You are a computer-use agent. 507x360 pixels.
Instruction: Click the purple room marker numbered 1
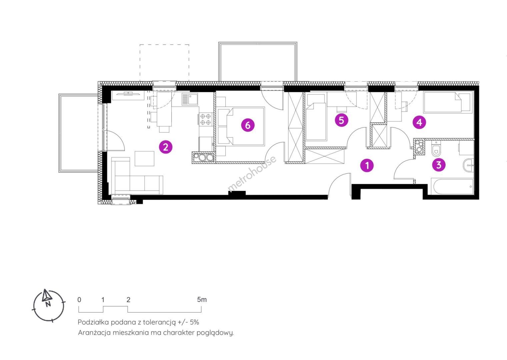367,165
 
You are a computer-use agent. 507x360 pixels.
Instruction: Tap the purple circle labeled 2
166,147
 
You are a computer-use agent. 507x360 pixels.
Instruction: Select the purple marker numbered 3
439,165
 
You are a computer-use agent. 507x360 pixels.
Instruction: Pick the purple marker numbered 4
419,122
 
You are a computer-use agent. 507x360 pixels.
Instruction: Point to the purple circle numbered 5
341,120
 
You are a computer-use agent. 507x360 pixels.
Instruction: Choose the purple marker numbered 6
248,125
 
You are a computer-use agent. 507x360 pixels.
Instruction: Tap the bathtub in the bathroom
452,186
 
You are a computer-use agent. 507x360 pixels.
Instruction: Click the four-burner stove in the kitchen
206,119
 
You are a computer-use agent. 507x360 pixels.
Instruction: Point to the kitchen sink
190,99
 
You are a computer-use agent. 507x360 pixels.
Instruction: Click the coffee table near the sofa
144,159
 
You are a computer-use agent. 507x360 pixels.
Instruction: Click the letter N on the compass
48,304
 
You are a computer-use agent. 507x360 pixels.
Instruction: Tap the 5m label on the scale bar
202,300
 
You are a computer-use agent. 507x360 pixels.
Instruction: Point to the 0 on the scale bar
79,300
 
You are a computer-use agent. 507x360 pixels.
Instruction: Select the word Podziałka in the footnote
93,322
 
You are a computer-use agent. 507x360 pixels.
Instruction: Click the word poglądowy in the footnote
215,333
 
